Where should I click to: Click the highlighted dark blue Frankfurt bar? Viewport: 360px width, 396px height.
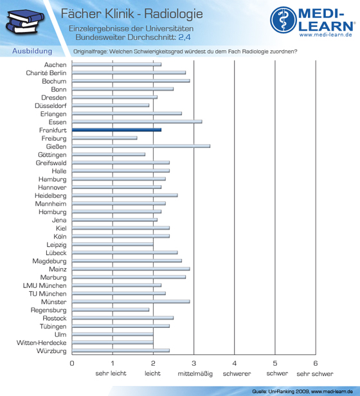pos(117,130)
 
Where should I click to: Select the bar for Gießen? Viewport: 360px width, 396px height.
pos(141,146)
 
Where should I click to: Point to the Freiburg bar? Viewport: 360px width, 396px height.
pos(105,138)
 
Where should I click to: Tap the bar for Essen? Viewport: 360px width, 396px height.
pos(137,122)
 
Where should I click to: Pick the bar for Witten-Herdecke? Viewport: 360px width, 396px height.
pos(113,343)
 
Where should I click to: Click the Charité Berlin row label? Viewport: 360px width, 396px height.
pos(46,73)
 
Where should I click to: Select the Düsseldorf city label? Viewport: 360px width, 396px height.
pos(51,105)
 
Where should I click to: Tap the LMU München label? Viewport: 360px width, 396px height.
pos(45,285)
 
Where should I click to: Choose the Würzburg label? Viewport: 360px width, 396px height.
pos(51,351)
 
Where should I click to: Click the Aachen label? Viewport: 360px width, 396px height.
pos(55,65)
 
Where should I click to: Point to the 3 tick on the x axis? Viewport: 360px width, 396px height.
pos(194,363)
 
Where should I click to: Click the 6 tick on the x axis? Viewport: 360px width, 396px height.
pos(316,363)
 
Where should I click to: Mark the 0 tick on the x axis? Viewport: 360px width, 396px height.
pos(72,363)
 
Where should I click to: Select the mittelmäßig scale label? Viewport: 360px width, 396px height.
pos(195,373)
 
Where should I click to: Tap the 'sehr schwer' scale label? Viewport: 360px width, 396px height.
pos(315,373)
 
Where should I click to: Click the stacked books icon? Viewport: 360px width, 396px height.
pos(24,22)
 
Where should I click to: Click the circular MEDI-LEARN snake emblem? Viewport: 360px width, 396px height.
pos(283,20)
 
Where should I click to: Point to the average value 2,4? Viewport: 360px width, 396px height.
pos(184,37)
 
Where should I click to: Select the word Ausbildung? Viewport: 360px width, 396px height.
pos(32,51)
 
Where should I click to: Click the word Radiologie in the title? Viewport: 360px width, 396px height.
pos(174,14)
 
